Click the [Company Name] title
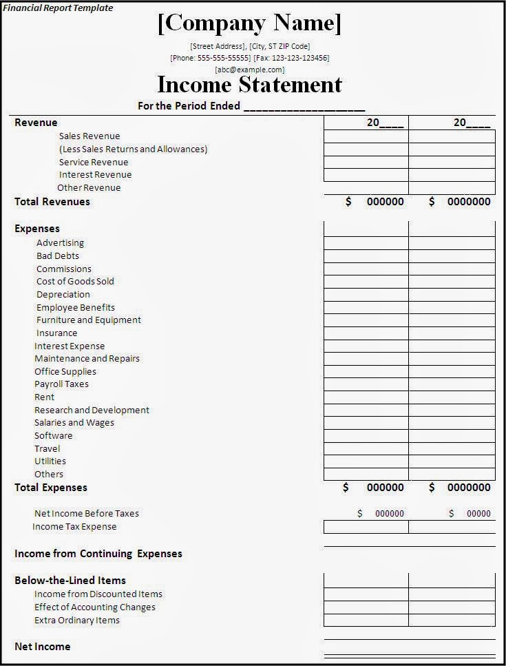click(x=249, y=23)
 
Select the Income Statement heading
click(x=249, y=85)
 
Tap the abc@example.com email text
click(x=249, y=70)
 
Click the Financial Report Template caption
click(x=58, y=8)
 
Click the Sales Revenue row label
click(x=89, y=136)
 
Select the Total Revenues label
click(x=52, y=202)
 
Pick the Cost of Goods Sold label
click(x=75, y=281)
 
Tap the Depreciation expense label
click(x=63, y=294)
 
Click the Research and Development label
click(x=92, y=410)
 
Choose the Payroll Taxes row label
click(x=61, y=384)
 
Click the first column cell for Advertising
click(x=366, y=243)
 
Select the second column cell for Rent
click(x=452, y=397)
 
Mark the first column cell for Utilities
click(x=366, y=461)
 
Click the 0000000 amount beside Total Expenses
click(x=469, y=488)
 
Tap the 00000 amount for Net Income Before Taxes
click(x=478, y=514)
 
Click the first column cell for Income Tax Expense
click(x=366, y=527)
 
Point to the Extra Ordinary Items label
click(x=77, y=621)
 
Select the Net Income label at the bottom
click(x=43, y=646)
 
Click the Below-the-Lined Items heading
click(x=70, y=581)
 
